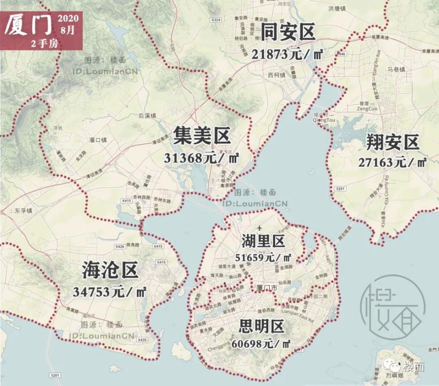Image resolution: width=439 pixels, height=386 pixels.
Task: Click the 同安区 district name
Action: tap(288, 33)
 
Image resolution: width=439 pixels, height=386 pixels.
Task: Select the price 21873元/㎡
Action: tap(288, 54)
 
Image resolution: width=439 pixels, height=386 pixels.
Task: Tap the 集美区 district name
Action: tap(202, 135)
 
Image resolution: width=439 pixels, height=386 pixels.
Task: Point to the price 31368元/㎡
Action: tap(201, 158)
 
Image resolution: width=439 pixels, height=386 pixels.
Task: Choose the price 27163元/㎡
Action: tap(392, 162)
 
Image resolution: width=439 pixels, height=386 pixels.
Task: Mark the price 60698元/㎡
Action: tap(263, 343)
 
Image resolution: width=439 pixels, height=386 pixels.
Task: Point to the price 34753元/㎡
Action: tap(110, 291)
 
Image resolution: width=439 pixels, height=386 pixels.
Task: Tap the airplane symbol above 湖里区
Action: tap(260, 228)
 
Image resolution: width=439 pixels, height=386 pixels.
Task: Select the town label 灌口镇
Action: tap(97, 141)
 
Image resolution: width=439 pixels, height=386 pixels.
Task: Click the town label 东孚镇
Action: tap(23, 211)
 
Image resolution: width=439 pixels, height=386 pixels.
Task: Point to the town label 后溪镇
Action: tap(147, 116)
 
